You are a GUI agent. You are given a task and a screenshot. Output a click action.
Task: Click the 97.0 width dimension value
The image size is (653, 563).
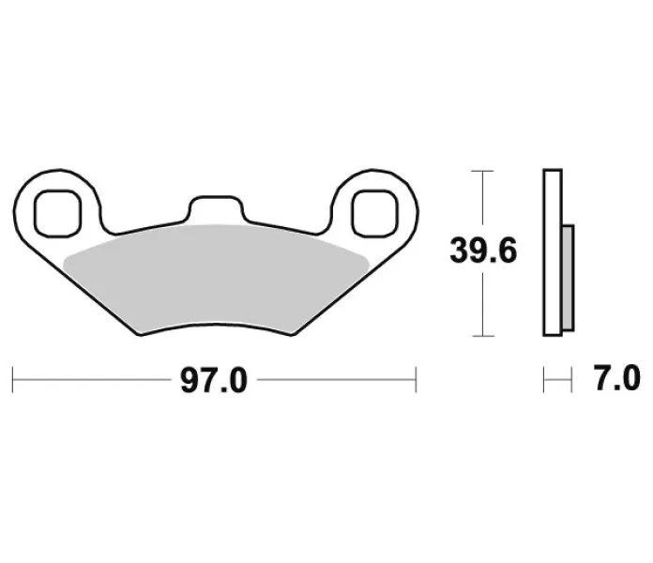(x=214, y=380)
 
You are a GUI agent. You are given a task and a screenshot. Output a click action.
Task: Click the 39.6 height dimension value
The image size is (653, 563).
(x=483, y=251)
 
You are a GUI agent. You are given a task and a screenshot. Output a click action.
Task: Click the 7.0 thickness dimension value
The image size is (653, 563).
(x=616, y=378)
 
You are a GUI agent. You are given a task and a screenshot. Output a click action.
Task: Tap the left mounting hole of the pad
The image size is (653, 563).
(x=57, y=214)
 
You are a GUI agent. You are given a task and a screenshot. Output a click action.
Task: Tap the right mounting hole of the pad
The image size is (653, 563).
(x=374, y=214)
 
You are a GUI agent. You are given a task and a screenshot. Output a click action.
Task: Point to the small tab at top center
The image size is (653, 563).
(x=216, y=207)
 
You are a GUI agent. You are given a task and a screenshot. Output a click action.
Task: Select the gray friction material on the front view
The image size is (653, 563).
(x=216, y=278)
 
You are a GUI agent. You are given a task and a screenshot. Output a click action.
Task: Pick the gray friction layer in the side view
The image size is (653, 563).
(x=568, y=278)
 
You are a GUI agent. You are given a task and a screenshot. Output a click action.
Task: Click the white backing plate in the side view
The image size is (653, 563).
(x=553, y=252)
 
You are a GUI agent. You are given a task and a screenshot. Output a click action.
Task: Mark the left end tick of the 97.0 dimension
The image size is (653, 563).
(x=13, y=380)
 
